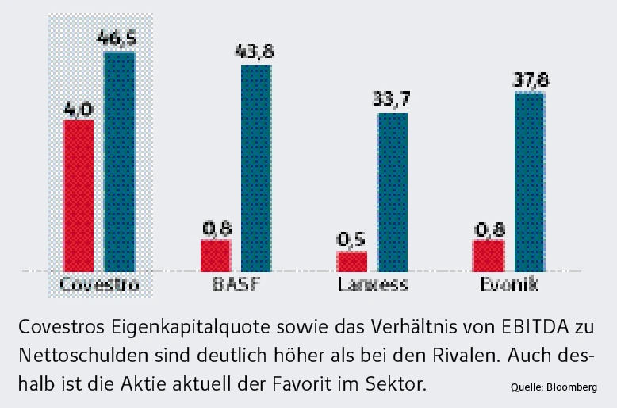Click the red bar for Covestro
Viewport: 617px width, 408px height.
click(x=79, y=194)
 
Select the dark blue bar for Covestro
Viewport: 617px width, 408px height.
click(x=120, y=161)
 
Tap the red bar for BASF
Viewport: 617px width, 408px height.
click(x=215, y=255)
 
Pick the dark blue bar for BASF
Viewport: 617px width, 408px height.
click(x=256, y=167)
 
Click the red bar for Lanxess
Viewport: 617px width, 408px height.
click(x=352, y=261)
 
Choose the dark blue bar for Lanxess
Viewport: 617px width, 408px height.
click(x=393, y=191)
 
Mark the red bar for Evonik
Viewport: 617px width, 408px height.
click(x=489, y=255)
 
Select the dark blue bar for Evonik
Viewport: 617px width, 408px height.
click(x=530, y=181)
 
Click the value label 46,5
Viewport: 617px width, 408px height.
click(x=119, y=37)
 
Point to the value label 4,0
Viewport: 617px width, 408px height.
click(x=79, y=106)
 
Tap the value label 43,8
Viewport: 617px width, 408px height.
click(x=255, y=50)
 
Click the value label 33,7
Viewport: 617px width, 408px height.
click(x=392, y=98)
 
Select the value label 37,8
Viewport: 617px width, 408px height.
click(x=529, y=79)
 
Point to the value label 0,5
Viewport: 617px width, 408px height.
click(x=351, y=238)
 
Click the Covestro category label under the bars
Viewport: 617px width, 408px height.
click(x=99, y=285)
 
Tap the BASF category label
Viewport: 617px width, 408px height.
click(x=236, y=285)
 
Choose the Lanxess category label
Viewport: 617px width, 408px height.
click(x=372, y=285)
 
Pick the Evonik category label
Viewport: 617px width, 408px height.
click(x=508, y=285)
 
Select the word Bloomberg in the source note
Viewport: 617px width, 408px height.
click(x=570, y=387)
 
